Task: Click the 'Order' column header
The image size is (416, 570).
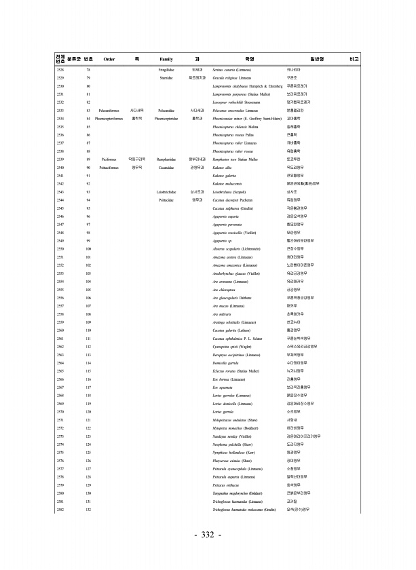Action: coord(109,59)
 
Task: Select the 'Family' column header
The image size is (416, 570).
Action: coord(166,59)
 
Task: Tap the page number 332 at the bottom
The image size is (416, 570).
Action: coord(208,536)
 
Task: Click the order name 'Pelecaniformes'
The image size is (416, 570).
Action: coord(109,109)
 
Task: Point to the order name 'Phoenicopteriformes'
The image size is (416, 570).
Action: coord(109,118)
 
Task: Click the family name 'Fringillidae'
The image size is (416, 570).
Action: coord(166,70)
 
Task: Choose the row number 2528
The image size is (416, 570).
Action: coord(60,70)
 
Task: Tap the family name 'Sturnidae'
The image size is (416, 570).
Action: coord(166,78)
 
